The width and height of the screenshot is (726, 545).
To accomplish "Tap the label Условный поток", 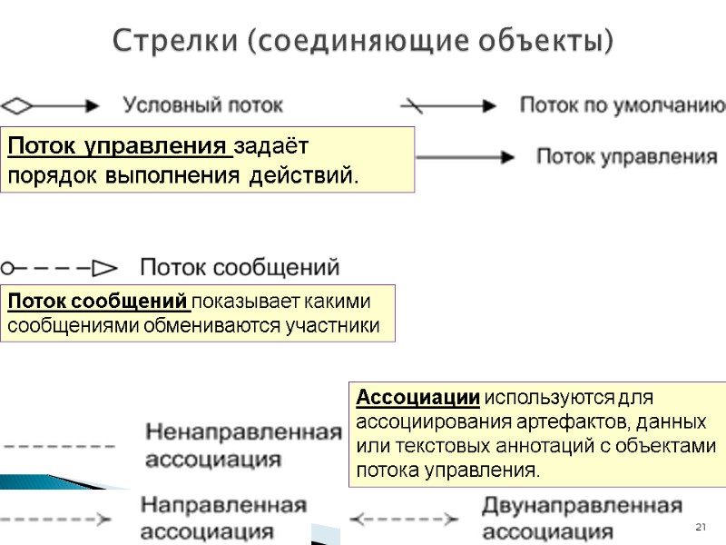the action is pos(203,104).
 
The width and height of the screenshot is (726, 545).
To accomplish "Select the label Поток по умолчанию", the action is pos(622,104).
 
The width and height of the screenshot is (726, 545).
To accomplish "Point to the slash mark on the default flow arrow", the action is pos(413,104).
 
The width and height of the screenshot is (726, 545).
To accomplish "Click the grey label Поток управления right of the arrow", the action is pos(627,156).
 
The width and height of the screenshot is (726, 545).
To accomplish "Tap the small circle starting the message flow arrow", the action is pos(6,268).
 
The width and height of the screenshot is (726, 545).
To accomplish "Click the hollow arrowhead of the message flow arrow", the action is pos(105,268).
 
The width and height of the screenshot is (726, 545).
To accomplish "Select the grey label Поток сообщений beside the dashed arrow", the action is pos(240,268).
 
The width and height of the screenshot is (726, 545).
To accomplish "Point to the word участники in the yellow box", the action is pos(335,325).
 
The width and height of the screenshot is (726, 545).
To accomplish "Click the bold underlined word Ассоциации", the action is pos(418,398).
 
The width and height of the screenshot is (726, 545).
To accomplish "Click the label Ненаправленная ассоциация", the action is pos(244,444).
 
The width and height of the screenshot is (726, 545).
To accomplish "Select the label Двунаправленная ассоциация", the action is pos(582,517).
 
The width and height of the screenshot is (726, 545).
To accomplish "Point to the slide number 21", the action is pos(700,528).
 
